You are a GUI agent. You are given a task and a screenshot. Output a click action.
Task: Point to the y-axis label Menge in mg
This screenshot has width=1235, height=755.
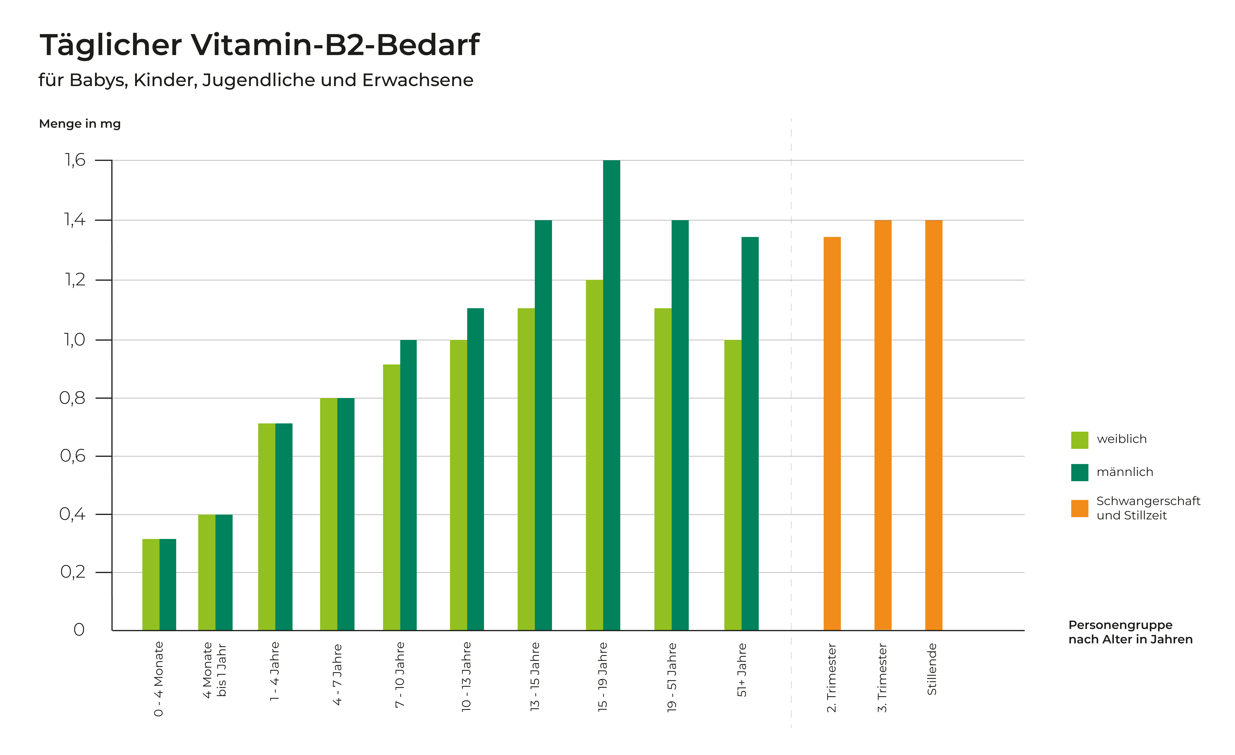80,124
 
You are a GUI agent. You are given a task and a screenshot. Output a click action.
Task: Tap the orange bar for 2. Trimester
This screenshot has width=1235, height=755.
832,434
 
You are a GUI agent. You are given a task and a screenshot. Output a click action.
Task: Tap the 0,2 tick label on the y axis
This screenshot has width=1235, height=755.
73,572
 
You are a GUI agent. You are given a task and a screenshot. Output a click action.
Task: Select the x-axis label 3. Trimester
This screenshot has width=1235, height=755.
882,678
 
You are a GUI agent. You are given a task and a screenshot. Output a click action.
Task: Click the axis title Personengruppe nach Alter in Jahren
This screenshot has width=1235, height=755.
1130,632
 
